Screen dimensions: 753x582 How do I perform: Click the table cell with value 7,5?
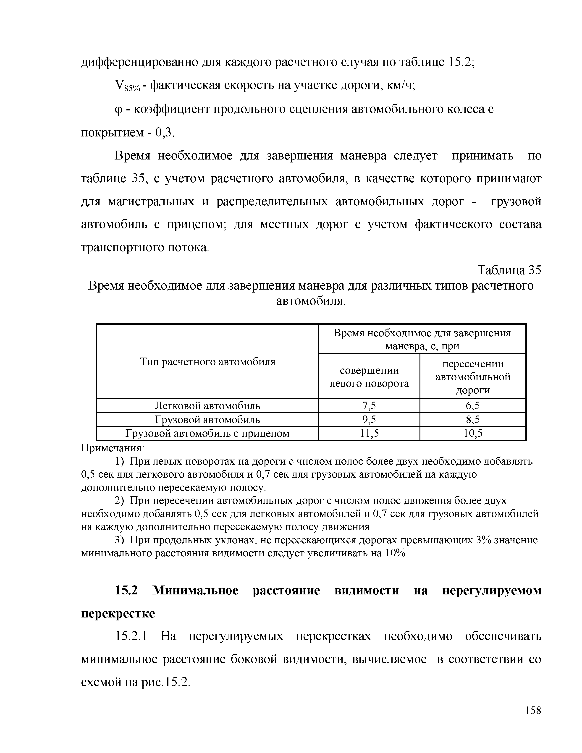pyautogui.click(x=369, y=406)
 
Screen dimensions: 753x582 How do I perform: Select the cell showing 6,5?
pyautogui.click(x=473, y=406)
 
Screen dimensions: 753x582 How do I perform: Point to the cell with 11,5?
pyautogui.click(x=369, y=433)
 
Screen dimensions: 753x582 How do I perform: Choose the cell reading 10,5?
pyautogui.click(x=473, y=433)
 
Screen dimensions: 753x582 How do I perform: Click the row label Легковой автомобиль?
pyautogui.click(x=207, y=406)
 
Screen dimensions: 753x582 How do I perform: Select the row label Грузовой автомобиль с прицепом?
pyautogui.click(x=207, y=433)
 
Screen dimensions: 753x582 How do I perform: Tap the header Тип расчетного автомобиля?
pyautogui.click(x=207, y=362)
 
